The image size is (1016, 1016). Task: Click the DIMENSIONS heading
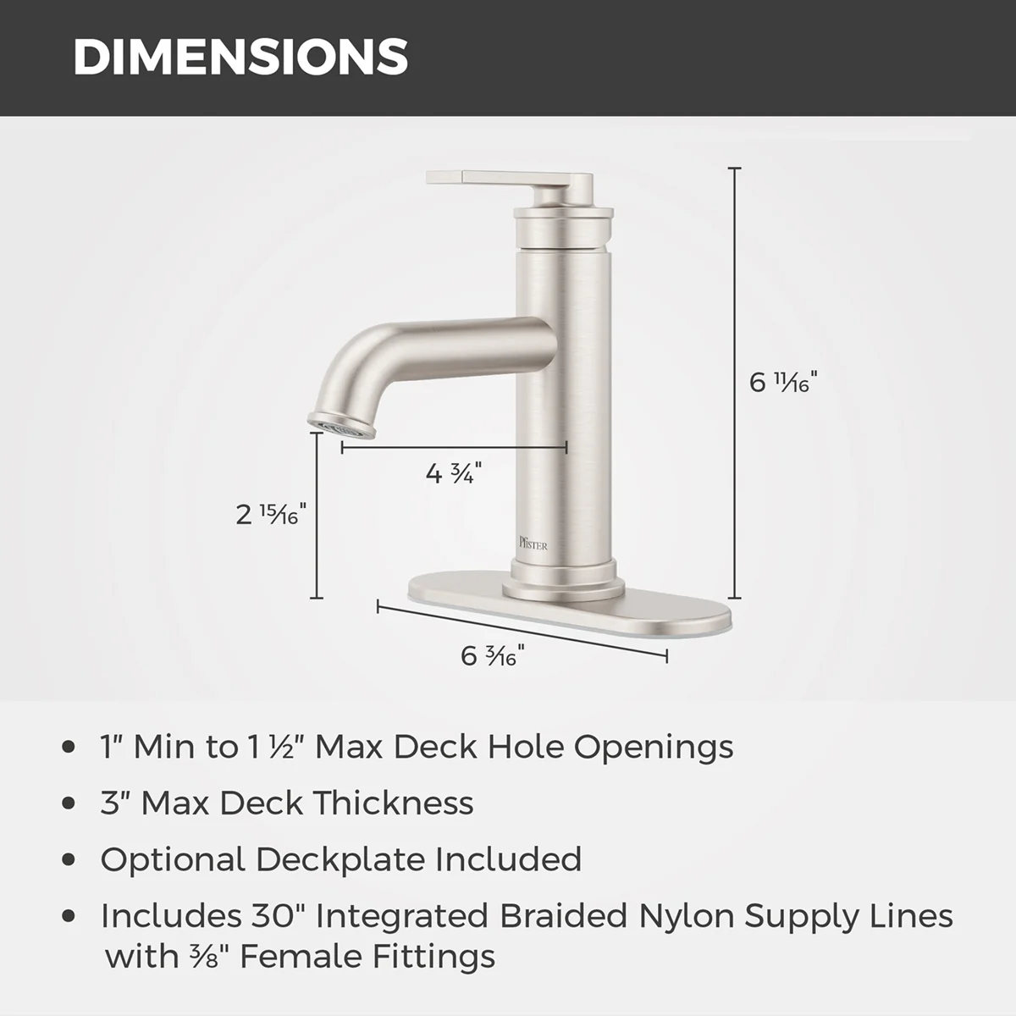click(x=240, y=57)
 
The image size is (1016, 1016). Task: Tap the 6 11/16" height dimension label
click(x=783, y=381)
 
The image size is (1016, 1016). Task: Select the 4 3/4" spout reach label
click(x=454, y=473)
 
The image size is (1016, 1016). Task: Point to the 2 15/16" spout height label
click(x=270, y=514)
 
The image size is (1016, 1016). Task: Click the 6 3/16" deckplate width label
click(x=493, y=656)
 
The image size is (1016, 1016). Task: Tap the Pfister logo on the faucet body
click(x=533, y=543)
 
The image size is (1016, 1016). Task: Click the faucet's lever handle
click(x=511, y=186)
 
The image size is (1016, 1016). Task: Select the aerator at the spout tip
click(x=342, y=425)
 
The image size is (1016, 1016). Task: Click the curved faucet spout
click(x=433, y=364)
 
